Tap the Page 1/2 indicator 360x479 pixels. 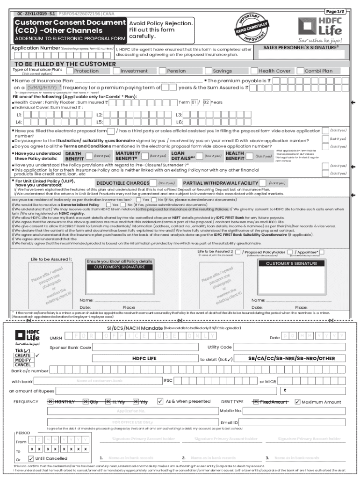click(x=334, y=11)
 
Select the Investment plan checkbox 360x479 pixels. click(x=116, y=71)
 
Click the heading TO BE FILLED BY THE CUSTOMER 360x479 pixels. click(x=59, y=64)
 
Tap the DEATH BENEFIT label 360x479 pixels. click(x=73, y=156)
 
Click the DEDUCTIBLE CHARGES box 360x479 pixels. click(x=123, y=183)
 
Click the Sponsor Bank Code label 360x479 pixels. click(x=70, y=348)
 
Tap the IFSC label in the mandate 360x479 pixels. click(x=168, y=380)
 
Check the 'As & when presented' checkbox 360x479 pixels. click(x=160, y=401)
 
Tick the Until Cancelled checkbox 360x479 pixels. click(x=31, y=458)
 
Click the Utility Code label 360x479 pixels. click(x=220, y=347)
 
